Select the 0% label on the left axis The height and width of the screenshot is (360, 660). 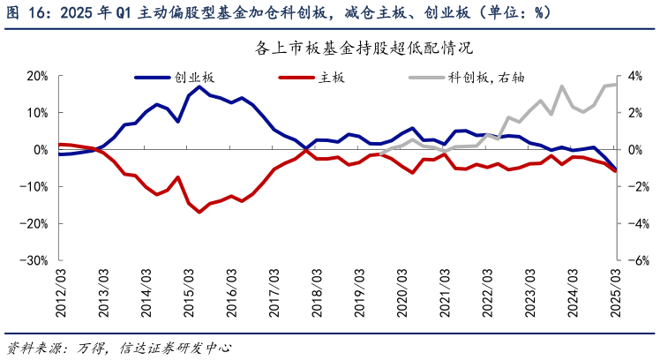pyautogui.click(x=40, y=150)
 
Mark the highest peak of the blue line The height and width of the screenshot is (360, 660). pyautogui.click(x=199, y=86)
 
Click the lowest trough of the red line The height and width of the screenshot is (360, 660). pyautogui.click(x=199, y=212)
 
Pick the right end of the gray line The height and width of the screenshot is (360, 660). pyautogui.click(x=616, y=85)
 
